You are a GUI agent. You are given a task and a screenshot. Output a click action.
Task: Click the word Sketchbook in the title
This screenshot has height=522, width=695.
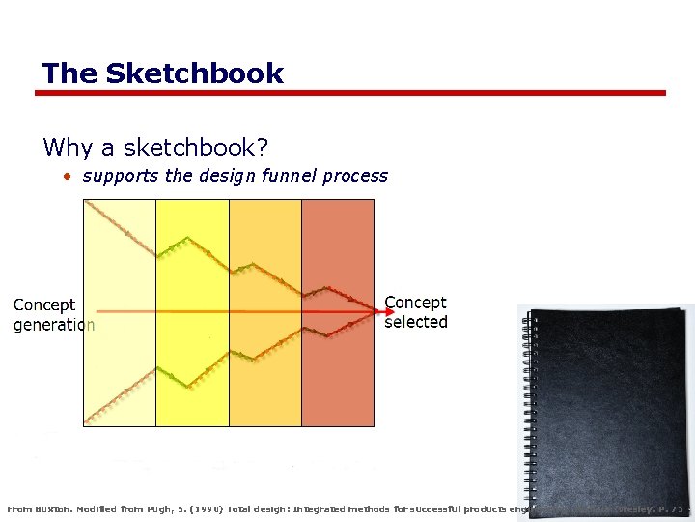pos(195,73)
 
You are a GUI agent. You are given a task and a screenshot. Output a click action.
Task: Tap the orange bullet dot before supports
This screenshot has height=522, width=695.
pos(68,177)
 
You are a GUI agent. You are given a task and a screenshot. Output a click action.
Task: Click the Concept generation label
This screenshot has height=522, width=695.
pos(54,315)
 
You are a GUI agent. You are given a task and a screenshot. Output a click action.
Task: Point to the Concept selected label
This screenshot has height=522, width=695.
pos(416,312)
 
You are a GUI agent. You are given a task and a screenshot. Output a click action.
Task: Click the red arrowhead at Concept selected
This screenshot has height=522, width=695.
pos(375,311)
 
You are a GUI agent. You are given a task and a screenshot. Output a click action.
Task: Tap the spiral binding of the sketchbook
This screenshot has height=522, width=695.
pos(526,406)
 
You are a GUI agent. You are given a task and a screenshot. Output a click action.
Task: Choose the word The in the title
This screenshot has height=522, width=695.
pos(69,73)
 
